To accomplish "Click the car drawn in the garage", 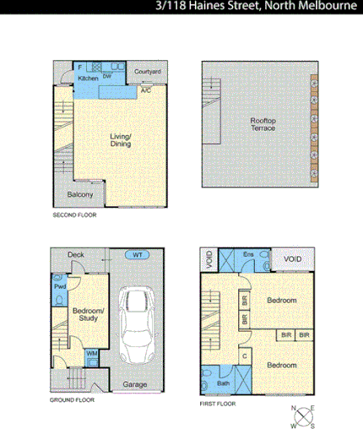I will (137, 323).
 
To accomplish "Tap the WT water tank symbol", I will (136, 254).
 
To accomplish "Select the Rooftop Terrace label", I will (263, 126).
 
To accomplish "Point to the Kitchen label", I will (89, 78).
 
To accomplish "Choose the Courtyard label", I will (148, 72).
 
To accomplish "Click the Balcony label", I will (80, 196).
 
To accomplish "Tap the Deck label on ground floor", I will (76, 254).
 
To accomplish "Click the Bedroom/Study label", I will (88, 314).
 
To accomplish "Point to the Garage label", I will (135, 384).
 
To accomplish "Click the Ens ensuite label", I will (248, 253).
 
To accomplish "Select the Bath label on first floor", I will (223, 383).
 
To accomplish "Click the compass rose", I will (303, 415).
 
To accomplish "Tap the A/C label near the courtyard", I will (146, 90).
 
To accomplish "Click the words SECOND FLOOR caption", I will (74, 215).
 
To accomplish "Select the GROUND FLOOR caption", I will (72, 399).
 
